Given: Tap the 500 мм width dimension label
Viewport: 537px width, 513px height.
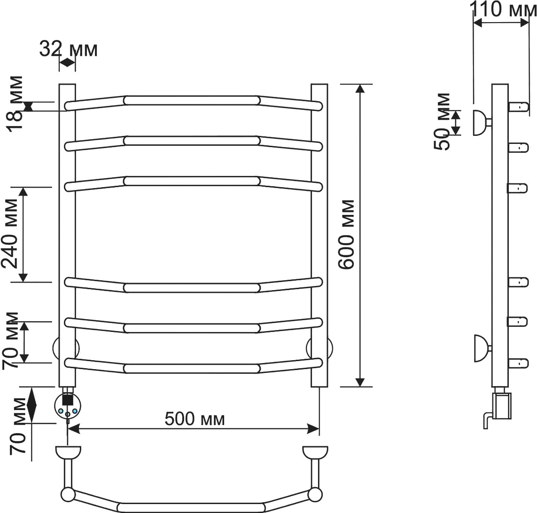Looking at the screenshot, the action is [195, 418].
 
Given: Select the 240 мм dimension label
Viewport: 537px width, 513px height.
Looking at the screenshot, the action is [9, 234].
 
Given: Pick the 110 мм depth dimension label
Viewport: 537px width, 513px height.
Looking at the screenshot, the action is [503, 9].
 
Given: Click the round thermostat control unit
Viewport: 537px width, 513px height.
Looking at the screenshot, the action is [68, 406].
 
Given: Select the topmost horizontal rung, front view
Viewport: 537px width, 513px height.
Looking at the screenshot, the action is [194, 101].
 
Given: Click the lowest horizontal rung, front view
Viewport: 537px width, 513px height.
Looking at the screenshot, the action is [194, 368].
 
